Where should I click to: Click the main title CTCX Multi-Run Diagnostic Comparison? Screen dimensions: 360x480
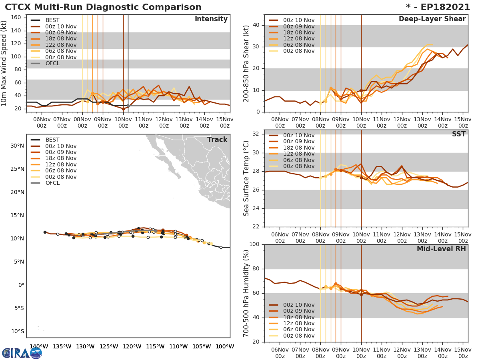click(103, 7)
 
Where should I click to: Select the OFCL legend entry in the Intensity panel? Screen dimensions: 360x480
click(52, 63)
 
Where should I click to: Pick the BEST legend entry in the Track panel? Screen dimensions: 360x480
click(52, 140)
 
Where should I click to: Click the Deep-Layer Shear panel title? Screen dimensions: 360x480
click(432, 19)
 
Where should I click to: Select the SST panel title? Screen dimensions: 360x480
click(459, 134)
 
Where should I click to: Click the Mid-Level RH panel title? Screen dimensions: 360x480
click(441, 249)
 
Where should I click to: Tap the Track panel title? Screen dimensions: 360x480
click(217, 140)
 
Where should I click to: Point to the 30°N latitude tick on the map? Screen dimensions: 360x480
click(17, 146)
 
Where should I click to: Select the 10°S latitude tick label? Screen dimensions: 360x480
click(17, 331)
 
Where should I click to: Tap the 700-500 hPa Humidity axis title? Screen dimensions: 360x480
click(246, 293)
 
